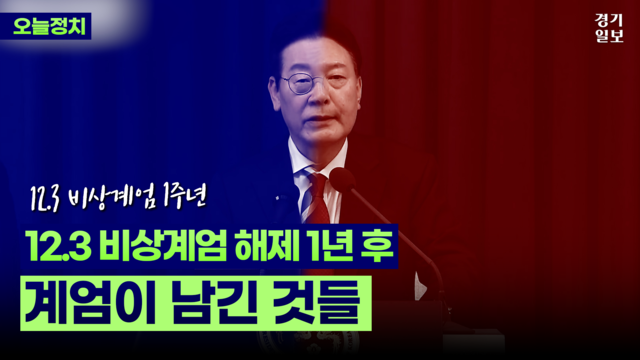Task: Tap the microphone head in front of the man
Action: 343,181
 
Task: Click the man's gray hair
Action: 320,40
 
